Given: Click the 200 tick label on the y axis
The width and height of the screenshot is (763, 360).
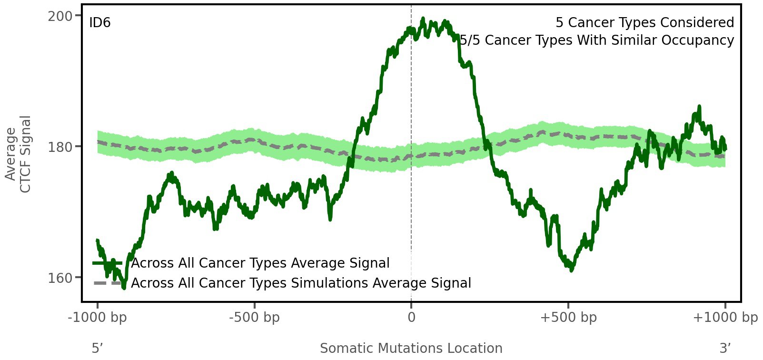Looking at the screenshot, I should point(59,16).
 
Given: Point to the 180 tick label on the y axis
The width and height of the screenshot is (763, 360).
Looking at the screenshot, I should point(59,147).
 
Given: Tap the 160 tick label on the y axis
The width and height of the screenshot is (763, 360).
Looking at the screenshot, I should point(59,278).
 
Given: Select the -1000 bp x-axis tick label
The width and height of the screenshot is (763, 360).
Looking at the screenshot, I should point(98,318).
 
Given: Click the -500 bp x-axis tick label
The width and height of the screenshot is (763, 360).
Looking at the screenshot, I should point(254,318).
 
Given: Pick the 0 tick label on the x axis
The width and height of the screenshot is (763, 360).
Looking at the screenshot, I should point(411,318).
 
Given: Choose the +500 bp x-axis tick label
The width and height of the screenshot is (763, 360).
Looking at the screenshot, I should point(568,318).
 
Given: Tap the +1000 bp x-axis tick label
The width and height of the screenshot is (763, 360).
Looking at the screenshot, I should point(725,318).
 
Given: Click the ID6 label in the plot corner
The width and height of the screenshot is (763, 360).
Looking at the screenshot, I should point(100,23).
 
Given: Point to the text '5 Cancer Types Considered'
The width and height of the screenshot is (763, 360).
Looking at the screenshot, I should point(644,23).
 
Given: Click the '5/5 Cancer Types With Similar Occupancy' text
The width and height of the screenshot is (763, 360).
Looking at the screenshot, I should point(597,40).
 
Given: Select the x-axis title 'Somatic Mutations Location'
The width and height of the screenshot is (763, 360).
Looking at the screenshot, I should point(411,349).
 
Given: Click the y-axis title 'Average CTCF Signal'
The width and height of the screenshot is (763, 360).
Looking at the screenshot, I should point(18,154).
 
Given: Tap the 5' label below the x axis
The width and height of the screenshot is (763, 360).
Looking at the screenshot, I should point(98,349).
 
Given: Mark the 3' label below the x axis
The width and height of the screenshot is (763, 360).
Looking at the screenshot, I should point(725,349).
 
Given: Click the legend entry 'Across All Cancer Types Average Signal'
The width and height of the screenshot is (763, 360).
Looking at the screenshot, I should point(260,263).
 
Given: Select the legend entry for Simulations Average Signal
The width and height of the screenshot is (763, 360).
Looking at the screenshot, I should point(301,283).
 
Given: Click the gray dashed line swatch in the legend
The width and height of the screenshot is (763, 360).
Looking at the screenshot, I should point(108,283).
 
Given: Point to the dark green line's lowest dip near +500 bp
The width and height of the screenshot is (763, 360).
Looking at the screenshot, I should point(572,270).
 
